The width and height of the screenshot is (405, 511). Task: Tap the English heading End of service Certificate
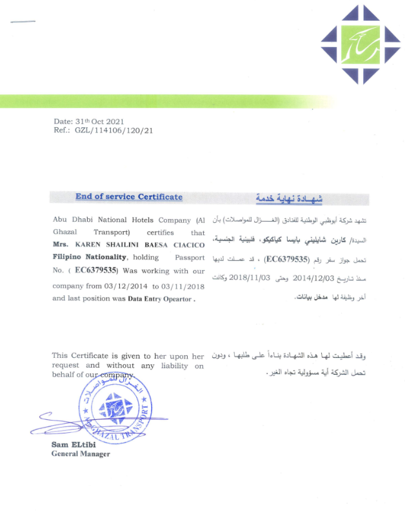[129, 197]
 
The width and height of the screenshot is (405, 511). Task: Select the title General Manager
[81, 454]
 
